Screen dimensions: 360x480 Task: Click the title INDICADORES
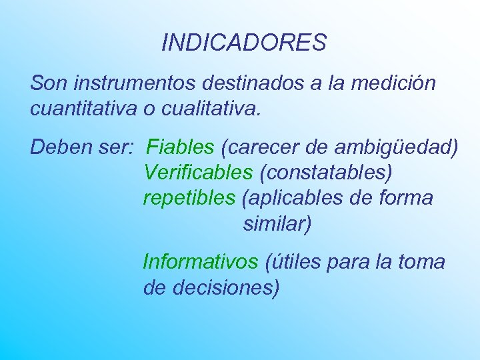coord(243,43)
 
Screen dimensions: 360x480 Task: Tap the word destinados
coord(249,84)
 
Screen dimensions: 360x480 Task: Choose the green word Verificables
coord(198,172)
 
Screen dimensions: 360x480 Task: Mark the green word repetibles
coord(189,198)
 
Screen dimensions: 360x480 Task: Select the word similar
coord(275,223)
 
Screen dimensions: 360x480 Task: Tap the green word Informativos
coord(200,262)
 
